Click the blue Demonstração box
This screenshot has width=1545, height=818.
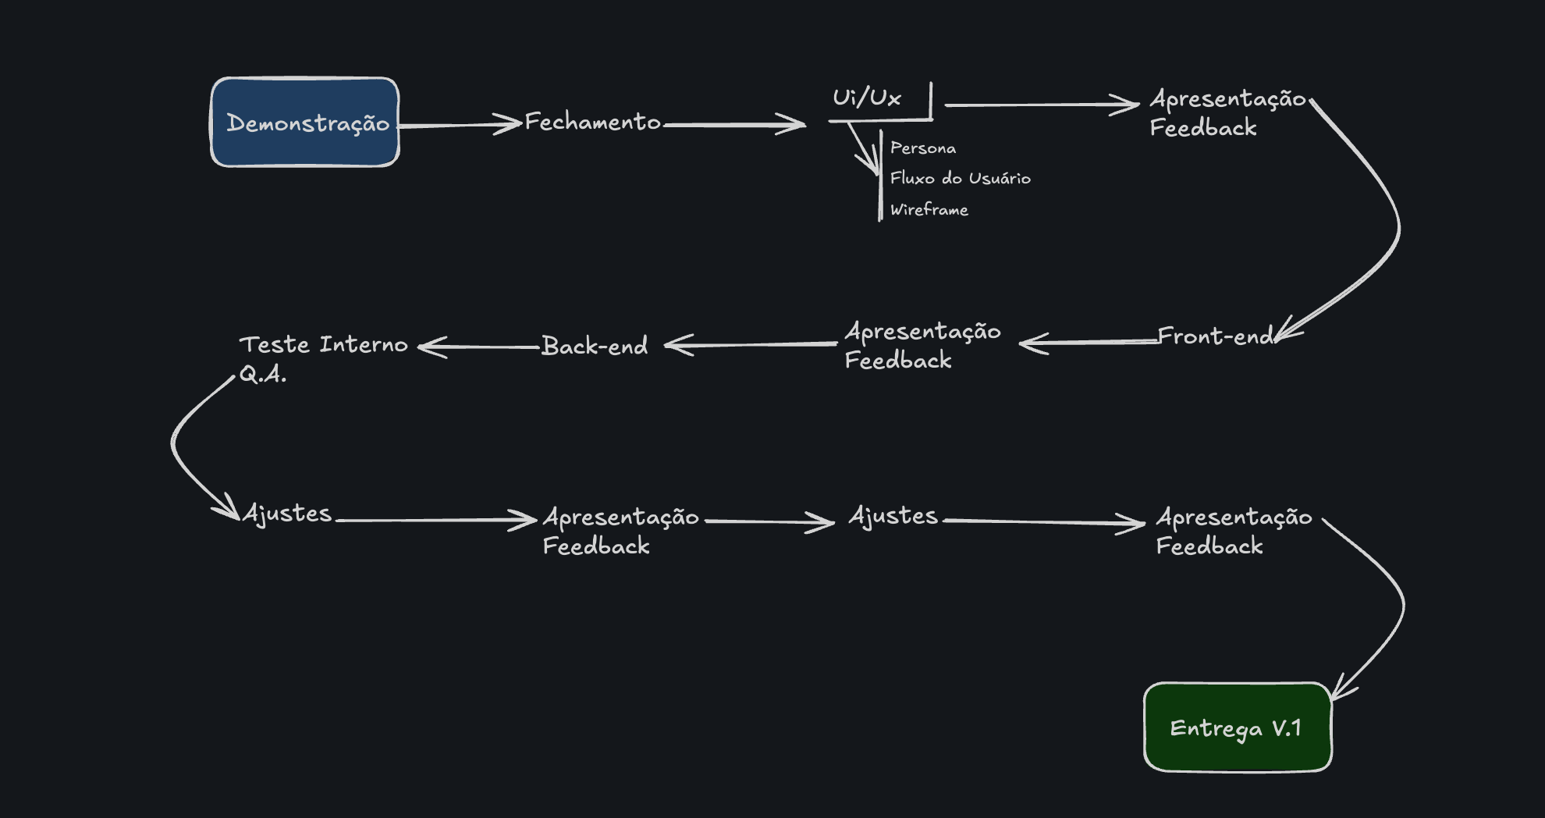[x=305, y=123]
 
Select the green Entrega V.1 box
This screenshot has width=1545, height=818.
[x=1238, y=727]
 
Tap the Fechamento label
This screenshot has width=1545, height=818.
[x=592, y=122]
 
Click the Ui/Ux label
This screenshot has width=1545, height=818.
[x=866, y=98]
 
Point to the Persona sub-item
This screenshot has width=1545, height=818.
[x=922, y=148]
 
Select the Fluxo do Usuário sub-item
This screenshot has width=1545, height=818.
[x=960, y=179]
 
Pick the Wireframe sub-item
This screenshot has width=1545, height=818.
[x=929, y=210]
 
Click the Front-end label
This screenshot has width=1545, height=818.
[x=1215, y=336]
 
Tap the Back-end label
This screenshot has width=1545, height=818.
[x=595, y=346]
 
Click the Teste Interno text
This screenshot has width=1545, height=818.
[x=323, y=344]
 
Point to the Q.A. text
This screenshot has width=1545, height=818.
[x=262, y=375]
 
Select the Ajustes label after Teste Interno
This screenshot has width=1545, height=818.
[x=287, y=514]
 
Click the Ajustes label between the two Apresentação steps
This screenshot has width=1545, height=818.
[x=893, y=516]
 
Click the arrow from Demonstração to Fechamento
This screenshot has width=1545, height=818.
[x=460, y=125]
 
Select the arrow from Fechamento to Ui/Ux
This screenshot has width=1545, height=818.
[x=733, y=124]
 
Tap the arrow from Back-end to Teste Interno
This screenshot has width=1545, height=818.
[x=480, y=347]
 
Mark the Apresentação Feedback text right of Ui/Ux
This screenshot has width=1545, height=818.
[x=1227, y=113]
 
